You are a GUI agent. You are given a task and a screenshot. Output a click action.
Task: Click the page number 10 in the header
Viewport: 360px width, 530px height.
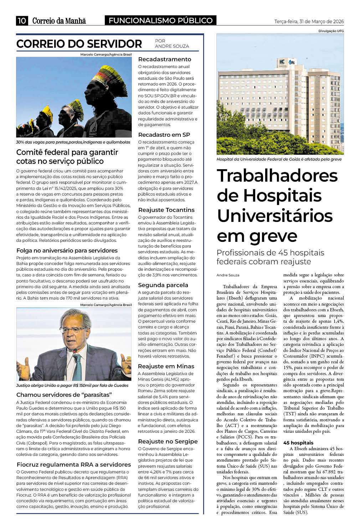click(22, 21)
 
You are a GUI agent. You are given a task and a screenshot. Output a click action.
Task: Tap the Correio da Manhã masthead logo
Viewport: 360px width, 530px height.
click(59, 21)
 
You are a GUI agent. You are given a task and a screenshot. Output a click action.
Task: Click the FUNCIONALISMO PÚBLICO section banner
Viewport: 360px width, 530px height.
click(160, 21)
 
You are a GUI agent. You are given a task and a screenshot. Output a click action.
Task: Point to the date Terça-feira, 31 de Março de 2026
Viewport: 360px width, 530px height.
click(309, 21)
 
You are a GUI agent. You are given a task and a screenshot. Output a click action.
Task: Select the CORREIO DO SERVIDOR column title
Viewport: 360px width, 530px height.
click(79, 44)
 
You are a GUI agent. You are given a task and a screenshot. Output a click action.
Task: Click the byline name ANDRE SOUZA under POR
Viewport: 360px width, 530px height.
click(172, 46)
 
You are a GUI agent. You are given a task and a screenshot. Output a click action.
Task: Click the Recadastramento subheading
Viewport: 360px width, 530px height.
click(165, 59)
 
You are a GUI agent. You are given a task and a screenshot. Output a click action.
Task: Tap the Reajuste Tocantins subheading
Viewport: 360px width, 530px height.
click(166, 210)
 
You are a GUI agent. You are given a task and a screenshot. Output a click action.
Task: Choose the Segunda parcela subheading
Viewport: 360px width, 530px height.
click(163, 285)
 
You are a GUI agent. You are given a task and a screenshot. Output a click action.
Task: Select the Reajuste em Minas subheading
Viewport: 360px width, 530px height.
click(166, 367)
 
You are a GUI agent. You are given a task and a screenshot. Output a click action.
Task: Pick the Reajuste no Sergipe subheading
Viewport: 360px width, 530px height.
click(168, 442)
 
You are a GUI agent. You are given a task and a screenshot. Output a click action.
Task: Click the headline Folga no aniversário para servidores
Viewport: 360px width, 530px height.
click(67, 251)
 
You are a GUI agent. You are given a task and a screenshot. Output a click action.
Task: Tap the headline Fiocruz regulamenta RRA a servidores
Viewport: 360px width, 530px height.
click(74, 465)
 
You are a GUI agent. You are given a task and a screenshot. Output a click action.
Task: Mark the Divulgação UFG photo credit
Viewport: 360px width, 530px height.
click(331, 31)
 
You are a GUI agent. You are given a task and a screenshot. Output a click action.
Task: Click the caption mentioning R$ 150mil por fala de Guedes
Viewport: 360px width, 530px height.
click(72, 385)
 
